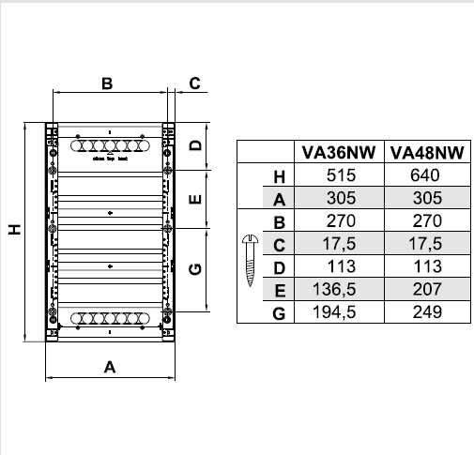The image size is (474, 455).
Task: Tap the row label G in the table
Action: (x=278, y=313)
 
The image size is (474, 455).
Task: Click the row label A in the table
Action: (x=278, y=199)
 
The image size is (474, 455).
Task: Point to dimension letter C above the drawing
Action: (x=194, y=83)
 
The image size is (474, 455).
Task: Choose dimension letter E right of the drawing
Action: (x=194, y=199)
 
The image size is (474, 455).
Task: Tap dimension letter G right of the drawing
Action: (x=194, y=269)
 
